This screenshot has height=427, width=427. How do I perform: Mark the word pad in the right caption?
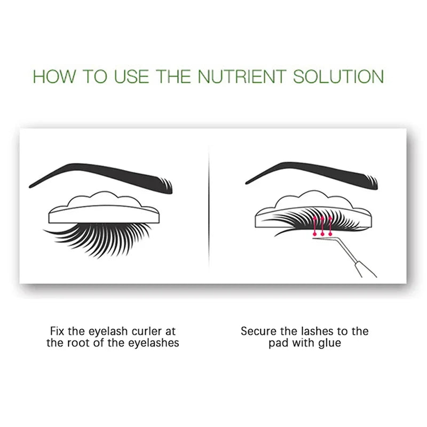278,343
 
